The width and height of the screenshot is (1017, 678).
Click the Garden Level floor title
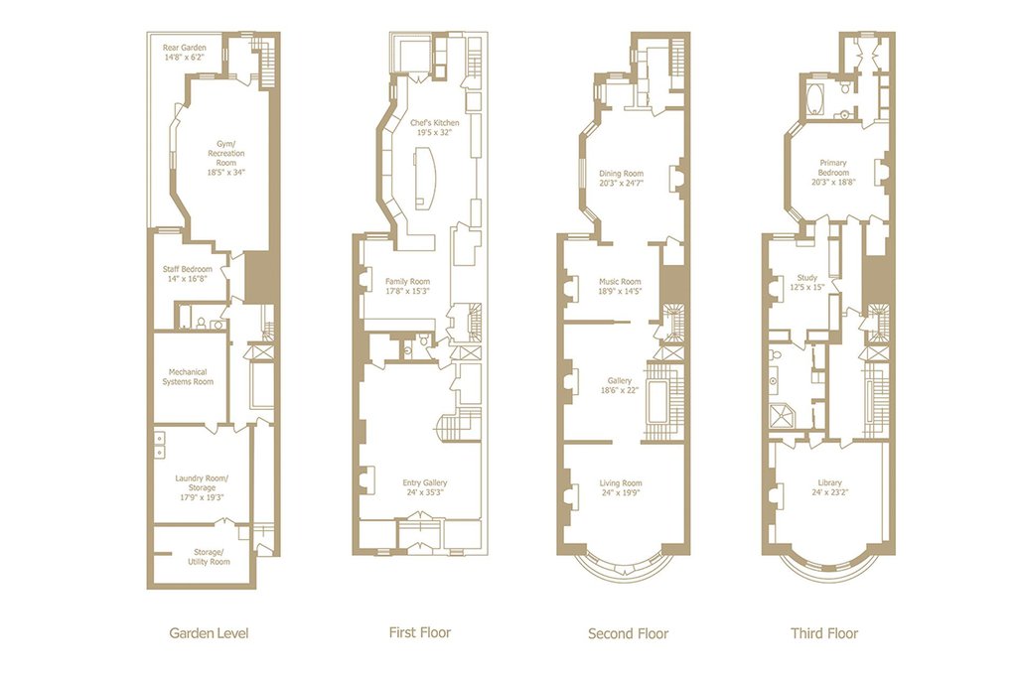[209, 633]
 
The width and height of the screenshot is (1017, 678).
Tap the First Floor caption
[420, 632]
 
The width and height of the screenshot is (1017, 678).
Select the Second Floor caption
[628, 633]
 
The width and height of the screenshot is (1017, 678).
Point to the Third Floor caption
[824, 633]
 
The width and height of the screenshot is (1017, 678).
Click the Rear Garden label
[184, 52]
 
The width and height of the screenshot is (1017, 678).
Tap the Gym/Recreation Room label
[226, 158]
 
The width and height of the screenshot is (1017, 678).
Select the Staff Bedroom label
[188, 274]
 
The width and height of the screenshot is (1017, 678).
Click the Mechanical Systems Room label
[188, 376]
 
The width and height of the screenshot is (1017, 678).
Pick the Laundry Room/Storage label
[202, 488]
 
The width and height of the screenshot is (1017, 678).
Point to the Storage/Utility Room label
[209, 557]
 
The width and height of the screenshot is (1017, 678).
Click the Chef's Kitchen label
[434, 127]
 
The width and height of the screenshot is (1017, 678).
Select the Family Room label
[407, 286]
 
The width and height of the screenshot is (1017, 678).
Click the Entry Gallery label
[425, 486]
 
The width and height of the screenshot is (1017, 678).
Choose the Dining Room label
[621, 179]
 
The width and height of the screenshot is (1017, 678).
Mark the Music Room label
[620, 286]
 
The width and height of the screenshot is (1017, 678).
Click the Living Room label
[621, 487]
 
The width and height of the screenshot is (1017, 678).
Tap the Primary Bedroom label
[833, 173]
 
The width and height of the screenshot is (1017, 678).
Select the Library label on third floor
[830, 486]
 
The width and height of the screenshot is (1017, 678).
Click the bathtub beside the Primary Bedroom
[815, 100]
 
